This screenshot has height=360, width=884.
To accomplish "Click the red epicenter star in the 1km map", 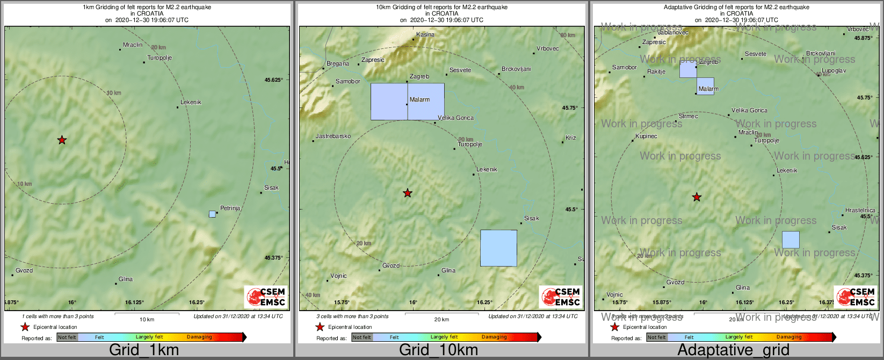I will pos(62,140).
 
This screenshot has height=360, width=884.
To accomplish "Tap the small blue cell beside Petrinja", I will pos(212,214).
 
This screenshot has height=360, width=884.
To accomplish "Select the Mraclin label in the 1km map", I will pos(133,45).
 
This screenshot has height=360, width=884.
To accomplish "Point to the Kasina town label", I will pos(425,34).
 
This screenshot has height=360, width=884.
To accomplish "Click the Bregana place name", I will pos(338,63).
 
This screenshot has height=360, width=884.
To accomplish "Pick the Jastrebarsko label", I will pos(333,136).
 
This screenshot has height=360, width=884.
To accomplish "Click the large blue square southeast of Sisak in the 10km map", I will pos(498,248).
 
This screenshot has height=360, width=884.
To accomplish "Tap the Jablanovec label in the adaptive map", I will pos(673,32).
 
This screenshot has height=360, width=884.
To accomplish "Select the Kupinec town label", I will pos(646,136).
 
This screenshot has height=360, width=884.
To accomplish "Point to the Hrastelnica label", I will pos(860,210).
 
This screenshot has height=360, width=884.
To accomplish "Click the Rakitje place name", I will pos(656,71).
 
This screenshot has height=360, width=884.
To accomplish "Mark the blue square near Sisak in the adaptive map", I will pos(791,240).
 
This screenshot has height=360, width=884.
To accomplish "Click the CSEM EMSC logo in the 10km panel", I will pos(561,297).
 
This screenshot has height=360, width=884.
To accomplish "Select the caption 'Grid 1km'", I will pos(144,350).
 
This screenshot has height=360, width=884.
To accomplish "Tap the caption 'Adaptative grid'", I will pos(733,350).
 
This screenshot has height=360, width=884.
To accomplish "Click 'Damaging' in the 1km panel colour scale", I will pos(199,337).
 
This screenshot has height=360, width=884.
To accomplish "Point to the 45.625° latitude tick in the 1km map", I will pos(273,80).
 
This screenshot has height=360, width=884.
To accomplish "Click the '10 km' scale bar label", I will pos(147,320).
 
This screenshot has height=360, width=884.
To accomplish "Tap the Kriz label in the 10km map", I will pos(570,138).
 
